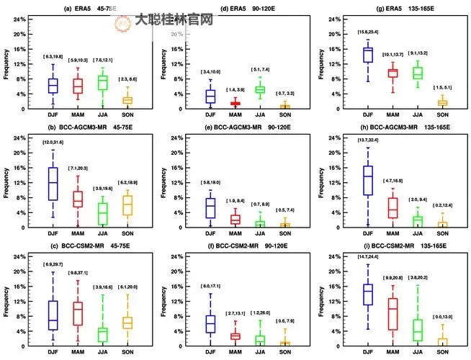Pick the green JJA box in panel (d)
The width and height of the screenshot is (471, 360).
260,90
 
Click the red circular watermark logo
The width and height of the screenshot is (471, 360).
123,21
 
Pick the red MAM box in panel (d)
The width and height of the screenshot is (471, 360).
235,104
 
